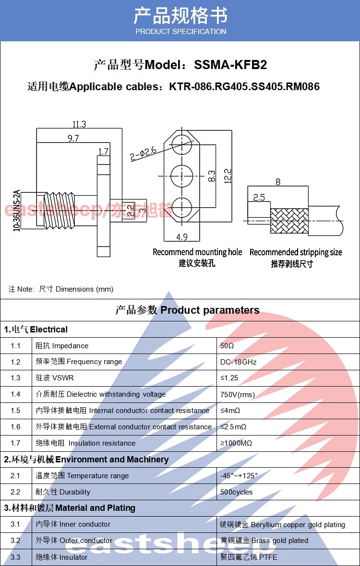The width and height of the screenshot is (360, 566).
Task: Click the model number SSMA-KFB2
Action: point(230,65)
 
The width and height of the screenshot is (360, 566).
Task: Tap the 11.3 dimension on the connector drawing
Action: point(79,124)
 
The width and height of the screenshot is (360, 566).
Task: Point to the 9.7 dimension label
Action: point(73,138)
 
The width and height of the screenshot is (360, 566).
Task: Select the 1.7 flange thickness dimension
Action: point(103,152)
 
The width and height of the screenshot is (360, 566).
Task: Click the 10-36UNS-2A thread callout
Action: point(17,211)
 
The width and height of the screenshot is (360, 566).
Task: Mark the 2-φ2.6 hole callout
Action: point(144,153)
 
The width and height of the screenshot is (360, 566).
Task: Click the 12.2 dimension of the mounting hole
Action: point(228,176)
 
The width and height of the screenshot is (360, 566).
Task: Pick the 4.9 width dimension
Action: point(182,236)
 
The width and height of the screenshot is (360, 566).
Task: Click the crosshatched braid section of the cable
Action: point(289,221)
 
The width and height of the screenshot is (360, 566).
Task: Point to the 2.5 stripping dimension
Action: point(259,197)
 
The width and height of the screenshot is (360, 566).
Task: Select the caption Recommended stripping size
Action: point(296,252)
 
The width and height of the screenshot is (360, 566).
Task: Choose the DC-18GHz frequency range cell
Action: point(238,362)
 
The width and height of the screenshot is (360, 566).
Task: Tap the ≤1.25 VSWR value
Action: point(229,378)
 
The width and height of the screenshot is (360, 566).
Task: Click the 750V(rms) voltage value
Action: point(237,395)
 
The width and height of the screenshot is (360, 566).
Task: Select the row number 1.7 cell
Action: point(16,443)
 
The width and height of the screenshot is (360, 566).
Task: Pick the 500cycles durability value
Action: point(236,492)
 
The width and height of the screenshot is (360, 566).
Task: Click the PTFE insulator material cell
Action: point(249,557)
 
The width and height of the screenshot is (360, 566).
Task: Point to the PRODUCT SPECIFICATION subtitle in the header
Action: point(180,32)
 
